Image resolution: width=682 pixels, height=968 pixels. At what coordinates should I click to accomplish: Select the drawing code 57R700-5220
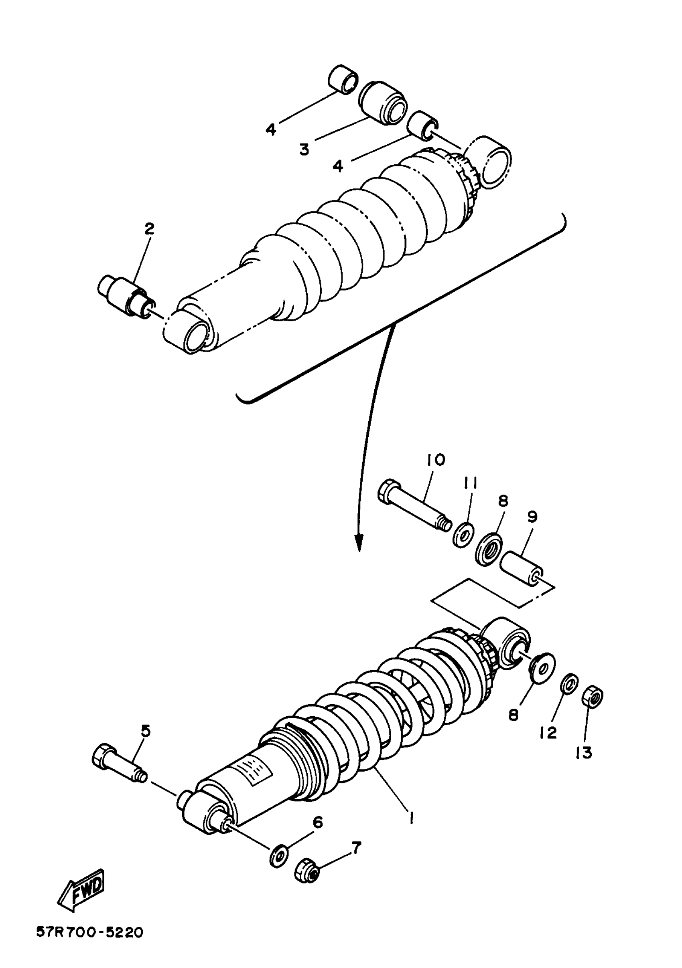[89, 943]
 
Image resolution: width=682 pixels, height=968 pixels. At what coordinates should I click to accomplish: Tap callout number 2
[149, 228]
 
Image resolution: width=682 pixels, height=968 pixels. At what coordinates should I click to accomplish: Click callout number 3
[304, 149]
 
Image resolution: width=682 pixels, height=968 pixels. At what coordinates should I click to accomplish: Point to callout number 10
[436, 459]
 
